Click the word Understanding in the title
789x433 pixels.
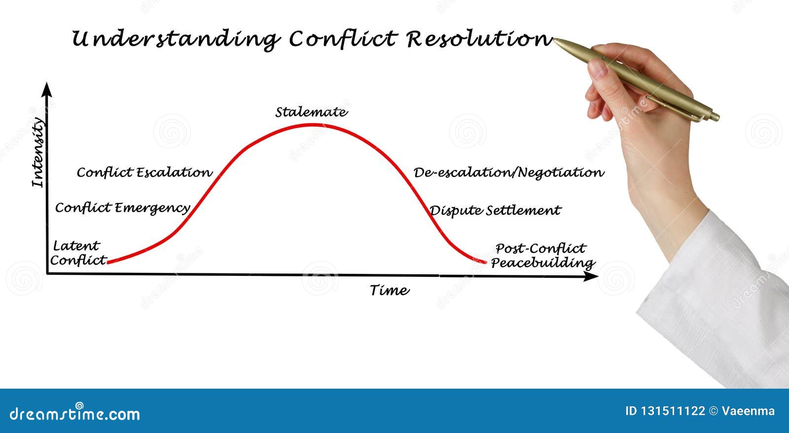coord(176,39)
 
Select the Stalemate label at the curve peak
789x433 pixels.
coord(311,112)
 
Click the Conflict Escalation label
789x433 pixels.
coord(145,172)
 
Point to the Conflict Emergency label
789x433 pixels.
coord(123,208)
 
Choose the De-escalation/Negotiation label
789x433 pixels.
coord(509,173)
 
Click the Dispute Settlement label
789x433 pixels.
coord(495,211)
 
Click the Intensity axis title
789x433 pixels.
coord(38,152)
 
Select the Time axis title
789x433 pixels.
coord(390,291)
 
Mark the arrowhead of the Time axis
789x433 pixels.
coord(591,276)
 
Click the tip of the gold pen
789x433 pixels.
coord(554,40)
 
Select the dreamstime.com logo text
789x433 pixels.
coord(74,413)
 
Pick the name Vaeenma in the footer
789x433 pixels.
coord(748,411)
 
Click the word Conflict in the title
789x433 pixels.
coord(343,38)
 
